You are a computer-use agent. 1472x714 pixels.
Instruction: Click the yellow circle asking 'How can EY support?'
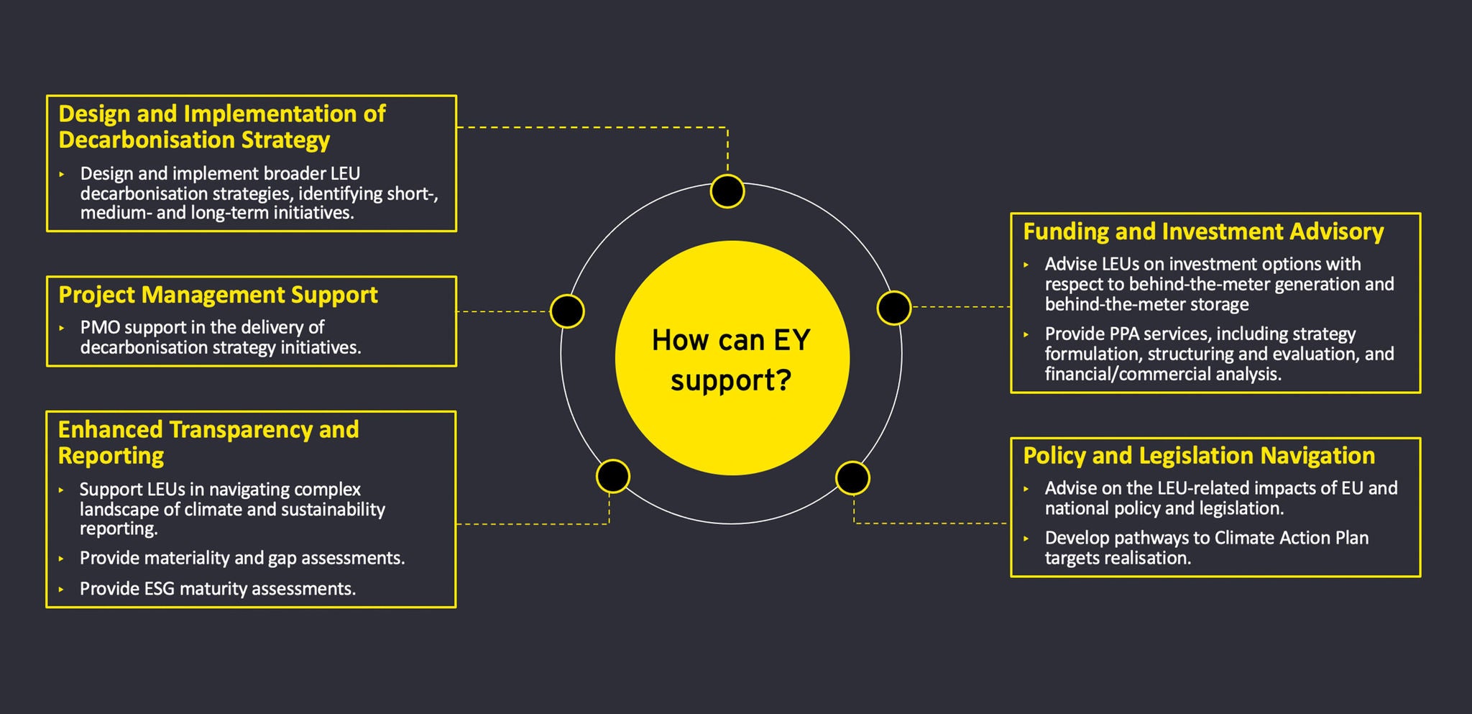732,357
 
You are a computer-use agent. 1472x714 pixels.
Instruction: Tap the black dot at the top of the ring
727,191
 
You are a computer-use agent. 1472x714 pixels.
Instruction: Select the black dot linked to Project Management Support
567,311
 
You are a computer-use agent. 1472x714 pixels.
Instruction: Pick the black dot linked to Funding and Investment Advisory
894,308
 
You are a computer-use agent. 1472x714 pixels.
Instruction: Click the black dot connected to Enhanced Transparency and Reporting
613,476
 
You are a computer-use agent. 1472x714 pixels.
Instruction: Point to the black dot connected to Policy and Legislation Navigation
852,478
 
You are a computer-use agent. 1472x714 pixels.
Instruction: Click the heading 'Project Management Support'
218,295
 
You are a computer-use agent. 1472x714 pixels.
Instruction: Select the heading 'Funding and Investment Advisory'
1203,232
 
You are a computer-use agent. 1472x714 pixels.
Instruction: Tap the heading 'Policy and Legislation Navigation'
1199,456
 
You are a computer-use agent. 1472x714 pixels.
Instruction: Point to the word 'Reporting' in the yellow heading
111,456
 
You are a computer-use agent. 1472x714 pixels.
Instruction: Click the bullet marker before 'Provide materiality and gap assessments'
62,559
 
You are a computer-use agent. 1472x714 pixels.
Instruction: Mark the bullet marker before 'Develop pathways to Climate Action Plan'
1026,539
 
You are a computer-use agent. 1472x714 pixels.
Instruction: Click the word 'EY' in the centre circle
791,340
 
